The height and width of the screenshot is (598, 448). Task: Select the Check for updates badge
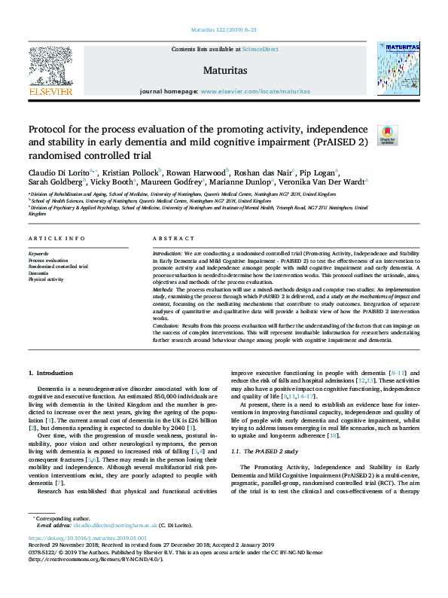click(387, 134)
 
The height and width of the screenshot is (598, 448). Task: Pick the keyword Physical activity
click(47, 279)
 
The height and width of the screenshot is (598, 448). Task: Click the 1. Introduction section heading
click(50, 373)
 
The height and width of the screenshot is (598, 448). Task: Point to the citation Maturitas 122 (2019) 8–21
click(224, 31)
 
